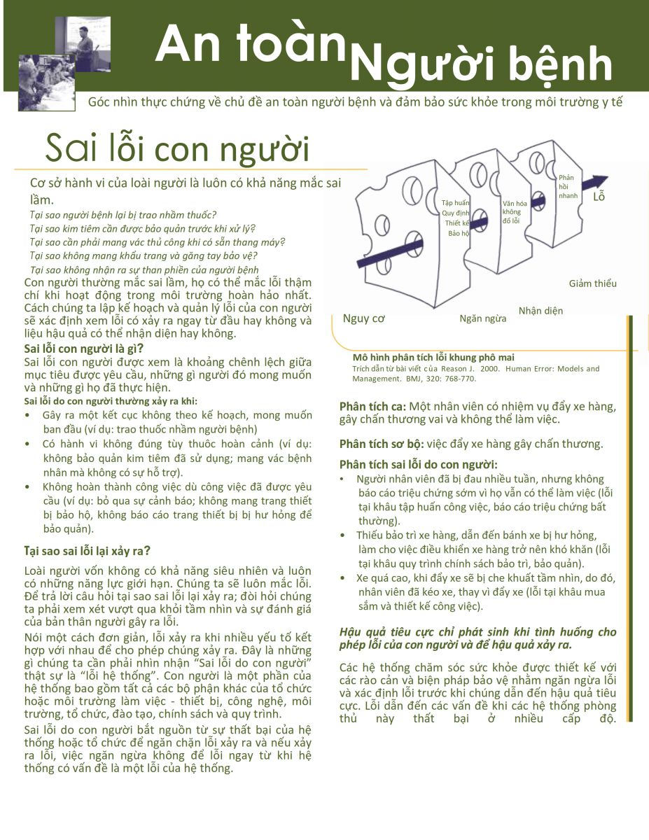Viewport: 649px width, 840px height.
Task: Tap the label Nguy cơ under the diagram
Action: tap(364, 319)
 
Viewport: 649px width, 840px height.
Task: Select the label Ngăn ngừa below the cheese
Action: tap(483, 319)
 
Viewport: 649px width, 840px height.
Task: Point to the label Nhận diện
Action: tap(540, 310)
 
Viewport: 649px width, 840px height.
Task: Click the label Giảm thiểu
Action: tap(593, 283)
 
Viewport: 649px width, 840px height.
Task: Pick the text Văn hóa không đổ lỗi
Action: tap(512, 211)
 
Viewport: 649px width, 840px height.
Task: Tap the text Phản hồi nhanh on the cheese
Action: tap(568, 187)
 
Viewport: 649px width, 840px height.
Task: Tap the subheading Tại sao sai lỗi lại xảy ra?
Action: tap(88, 550)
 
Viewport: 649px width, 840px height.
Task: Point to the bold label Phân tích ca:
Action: tap(373, 407)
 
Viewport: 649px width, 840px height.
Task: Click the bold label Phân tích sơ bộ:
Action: tap(382, 444)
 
